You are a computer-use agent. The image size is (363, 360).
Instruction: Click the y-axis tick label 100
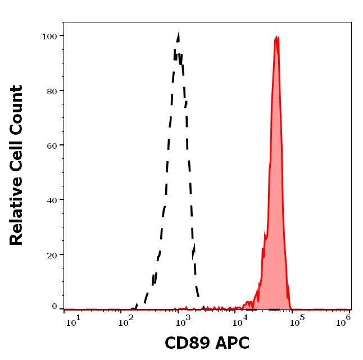point(49,37)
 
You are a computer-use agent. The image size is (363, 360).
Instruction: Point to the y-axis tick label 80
point(51,91)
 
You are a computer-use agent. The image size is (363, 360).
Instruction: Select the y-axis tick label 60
point(51,145)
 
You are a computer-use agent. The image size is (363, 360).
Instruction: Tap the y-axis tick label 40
point(51,200)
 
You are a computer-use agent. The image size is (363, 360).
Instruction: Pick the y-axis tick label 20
point(51,254)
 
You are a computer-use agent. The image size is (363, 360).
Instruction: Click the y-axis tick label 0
point(55,307)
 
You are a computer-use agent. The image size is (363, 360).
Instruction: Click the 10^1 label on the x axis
point(74,320)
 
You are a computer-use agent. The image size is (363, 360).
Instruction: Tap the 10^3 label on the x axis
point(184,320)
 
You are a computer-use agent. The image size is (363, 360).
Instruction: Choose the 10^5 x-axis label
point(297,320)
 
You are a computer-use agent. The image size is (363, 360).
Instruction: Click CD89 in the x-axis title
point(187,343)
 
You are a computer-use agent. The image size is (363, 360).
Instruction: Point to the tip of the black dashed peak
point(178,33)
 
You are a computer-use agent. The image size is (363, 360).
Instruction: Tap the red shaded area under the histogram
point(275,225)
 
